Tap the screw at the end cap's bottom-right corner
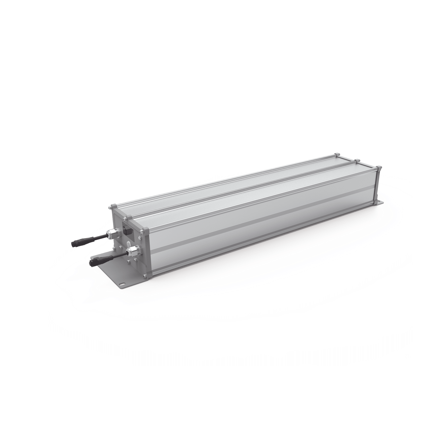[x=145, y=277]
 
